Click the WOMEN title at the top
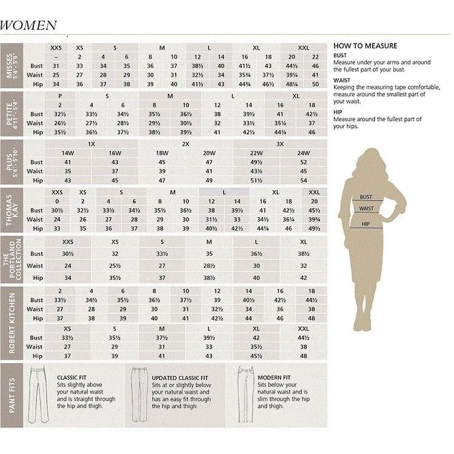coord(28,25)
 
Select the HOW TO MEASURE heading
coord(365,45)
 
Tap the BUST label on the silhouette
coord(366,197)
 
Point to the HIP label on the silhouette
coord(366,224)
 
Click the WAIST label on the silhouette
coord(366,209)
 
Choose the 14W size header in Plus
coord(68,153)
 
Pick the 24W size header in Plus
coord(304,153)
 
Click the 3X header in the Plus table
coord(280,144)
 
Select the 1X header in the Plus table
coord(92,144)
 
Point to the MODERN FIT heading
coord(274,377)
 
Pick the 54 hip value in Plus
coord(304,181)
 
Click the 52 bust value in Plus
coord(304,162)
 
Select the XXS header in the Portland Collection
coord(68,241)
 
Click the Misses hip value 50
coord(315,84)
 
